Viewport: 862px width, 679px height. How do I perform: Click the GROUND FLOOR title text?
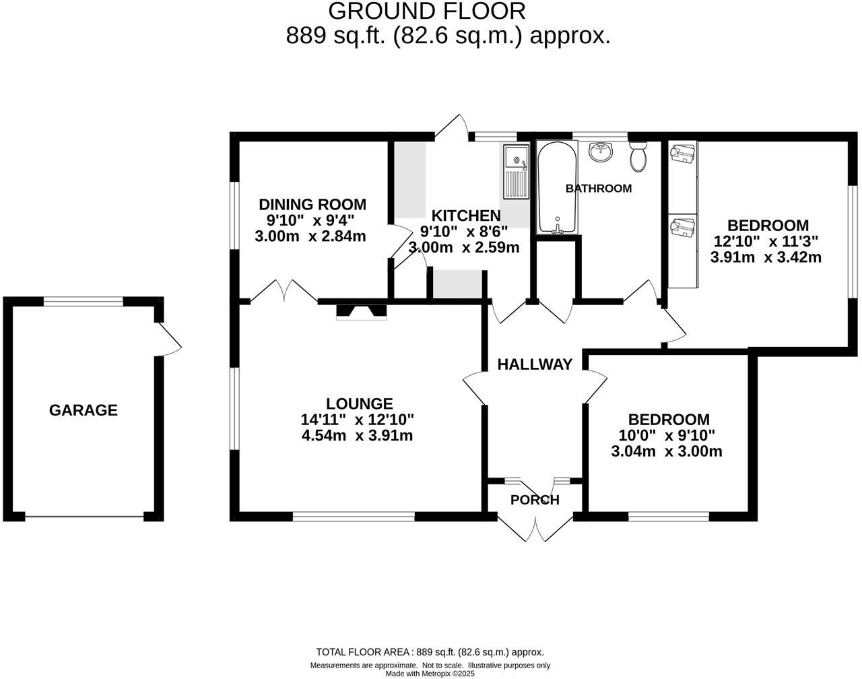point(426,11)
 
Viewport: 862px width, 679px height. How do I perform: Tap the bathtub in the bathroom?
point(556,188)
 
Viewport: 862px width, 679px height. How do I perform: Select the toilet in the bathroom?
point(638,156)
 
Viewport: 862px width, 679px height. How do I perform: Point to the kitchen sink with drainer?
point(517,172)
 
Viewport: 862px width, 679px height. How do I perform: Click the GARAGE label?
point(83,410)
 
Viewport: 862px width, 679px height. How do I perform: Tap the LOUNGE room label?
point(359,403)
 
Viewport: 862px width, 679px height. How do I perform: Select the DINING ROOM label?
point(312,205)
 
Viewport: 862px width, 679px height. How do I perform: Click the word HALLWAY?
point(535,364)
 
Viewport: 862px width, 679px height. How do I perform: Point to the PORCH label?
point(535,500)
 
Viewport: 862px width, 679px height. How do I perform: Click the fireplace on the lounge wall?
point(362,311)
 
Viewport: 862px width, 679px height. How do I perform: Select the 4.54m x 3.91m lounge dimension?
point(358,436)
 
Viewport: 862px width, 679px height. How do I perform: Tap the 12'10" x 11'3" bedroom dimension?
point(766,241)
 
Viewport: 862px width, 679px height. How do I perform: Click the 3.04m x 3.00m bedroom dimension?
point(666,451)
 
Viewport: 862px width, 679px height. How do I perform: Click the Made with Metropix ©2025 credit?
point(430,673)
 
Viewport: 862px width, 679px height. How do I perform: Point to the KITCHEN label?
point(465,216)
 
